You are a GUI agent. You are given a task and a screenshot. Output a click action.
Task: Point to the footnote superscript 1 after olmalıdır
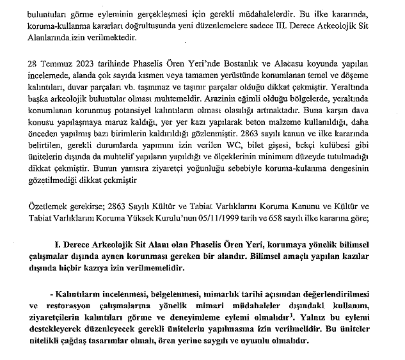[x=292, y=315]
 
